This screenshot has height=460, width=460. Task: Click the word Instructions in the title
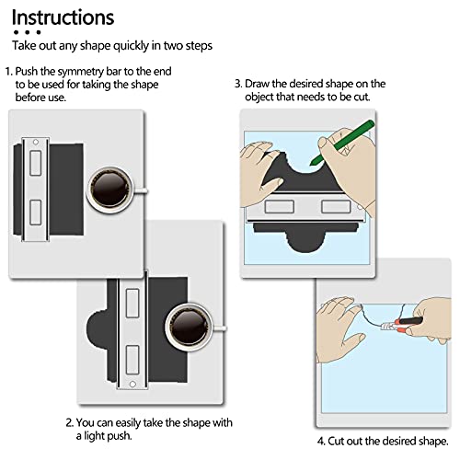click(x=63, y=17)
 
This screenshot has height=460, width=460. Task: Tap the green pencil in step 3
click(x=342, y=143)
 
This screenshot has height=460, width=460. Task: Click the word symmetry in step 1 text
click(x=81, y=72)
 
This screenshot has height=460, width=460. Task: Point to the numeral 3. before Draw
click(x=238, y=84)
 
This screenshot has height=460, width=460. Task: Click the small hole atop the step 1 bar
click(x=36, y=142)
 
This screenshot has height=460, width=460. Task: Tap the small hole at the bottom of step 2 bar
click(x=132, y=384)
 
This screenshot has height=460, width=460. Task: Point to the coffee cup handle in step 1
click(x=141, y=191)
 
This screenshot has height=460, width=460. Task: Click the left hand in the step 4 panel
click(x=339, y=329)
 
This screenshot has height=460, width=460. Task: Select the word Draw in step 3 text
click(x=257, y=84)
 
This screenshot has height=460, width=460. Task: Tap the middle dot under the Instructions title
click(x=28, y=32)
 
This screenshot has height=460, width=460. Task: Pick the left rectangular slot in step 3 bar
click(x=280, y=206)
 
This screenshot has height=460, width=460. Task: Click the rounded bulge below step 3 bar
click(x=305, y=241)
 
